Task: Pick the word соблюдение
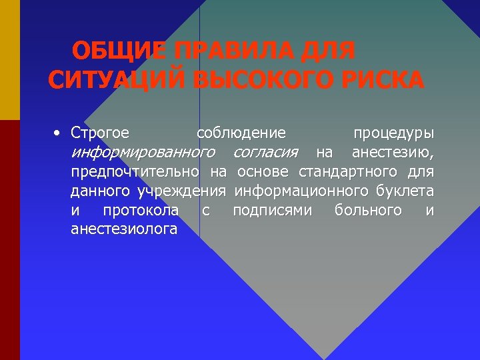[241, 133]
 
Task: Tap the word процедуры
[393, 133]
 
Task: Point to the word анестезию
[393, 152]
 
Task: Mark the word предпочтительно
[136, 172]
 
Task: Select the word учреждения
[181, 191]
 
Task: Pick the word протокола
[141, 211]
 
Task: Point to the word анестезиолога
[124, 230]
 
